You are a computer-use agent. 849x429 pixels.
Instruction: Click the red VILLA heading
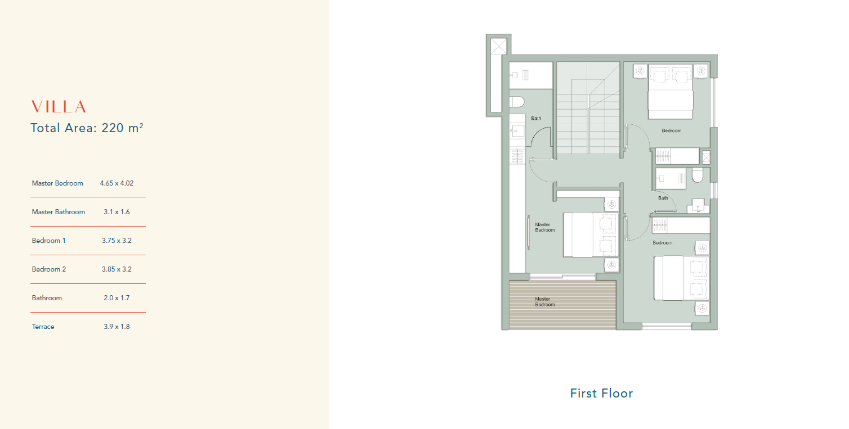(59, 107)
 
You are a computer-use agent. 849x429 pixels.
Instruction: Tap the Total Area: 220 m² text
(87, 128)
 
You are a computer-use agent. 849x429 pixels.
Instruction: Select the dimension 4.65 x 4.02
(117, 183)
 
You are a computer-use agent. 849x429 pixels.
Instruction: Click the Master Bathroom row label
(59, 212)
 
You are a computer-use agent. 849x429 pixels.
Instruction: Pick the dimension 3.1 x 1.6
(117, 212)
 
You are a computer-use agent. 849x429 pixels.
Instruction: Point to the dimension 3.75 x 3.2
(117, 241)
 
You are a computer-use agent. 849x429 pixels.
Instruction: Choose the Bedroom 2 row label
(49, 269)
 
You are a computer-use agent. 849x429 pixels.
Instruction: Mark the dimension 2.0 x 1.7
(117, 298)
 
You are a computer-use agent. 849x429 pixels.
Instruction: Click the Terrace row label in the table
(43, 327)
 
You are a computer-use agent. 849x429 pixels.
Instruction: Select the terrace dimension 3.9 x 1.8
(117, 327)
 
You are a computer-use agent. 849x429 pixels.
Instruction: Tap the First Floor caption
(601, 394)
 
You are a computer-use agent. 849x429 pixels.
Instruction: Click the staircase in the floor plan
(588, 109)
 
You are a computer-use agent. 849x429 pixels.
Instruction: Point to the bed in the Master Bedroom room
(591, 235)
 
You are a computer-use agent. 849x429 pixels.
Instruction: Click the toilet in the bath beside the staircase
(517, 102)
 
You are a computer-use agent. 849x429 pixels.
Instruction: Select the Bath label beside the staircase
(536, 119)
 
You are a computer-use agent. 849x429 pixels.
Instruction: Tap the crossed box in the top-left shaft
(499, 47)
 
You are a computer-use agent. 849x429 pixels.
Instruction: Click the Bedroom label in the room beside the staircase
(671, 130)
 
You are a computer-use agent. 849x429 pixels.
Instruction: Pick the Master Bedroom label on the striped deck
(544, 302)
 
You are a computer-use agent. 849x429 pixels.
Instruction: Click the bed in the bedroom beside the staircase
(671, 92)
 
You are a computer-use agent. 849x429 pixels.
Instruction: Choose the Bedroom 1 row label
(48, 241)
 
